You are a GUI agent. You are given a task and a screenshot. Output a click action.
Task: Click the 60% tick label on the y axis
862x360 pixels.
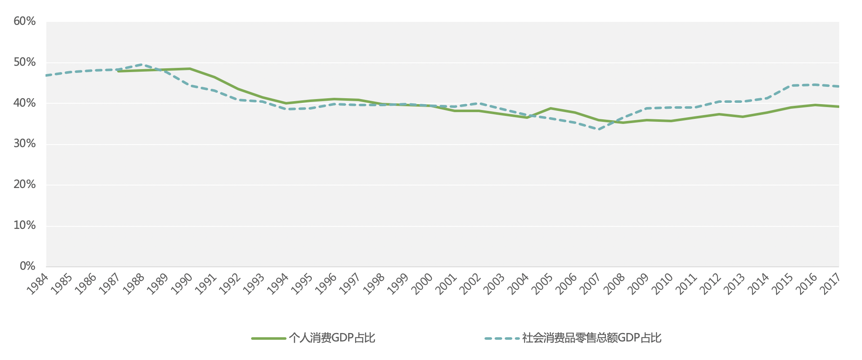[x=24, y=21]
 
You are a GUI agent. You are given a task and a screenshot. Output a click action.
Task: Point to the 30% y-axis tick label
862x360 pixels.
[x=24, y=144]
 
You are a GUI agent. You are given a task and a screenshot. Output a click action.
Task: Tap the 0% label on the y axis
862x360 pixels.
[x=27, y=266]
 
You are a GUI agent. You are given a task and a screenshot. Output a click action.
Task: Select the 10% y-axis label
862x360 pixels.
[x=24, y=226]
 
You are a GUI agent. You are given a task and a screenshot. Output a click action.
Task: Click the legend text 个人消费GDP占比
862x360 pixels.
[x=332, y=338]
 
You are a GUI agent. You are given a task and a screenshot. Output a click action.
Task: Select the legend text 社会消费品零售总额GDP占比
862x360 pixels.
[x=592, y=338]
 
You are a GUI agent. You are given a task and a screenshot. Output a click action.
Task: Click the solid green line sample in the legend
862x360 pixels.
[x=269, y=339]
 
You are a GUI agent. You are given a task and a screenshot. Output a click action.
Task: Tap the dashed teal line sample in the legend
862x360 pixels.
[x=501, y=339]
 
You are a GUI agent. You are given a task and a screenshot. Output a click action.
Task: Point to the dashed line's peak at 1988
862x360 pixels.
[x=142, y=64]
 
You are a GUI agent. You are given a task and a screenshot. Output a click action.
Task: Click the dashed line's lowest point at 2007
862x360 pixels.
[x=598, y=129]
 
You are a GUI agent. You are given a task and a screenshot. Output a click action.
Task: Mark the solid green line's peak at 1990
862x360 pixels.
[x=190, y=69]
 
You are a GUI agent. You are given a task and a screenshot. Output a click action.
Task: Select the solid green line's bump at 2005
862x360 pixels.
[x=550, y=108]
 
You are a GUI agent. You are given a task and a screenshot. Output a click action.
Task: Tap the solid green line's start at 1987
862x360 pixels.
[x=118, y=71]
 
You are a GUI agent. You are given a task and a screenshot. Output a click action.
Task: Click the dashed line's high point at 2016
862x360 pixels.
[x=815, y=85]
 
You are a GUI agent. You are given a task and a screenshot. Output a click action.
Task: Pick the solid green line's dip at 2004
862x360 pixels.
[x=526, y=118]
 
